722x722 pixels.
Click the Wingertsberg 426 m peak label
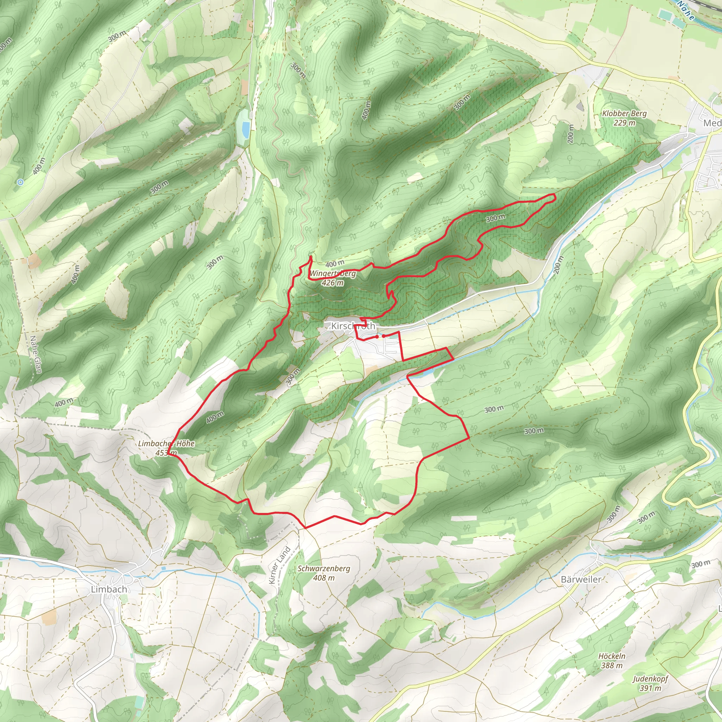tap(332, 278)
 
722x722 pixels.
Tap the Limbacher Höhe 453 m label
tap(166, 448)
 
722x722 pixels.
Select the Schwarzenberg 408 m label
tap(324, 573)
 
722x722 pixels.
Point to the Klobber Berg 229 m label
tap(624, 118)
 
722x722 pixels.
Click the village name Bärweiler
tap(581, 579)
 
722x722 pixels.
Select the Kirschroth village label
tap(353, 326)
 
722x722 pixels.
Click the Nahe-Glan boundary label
tap(36, 354)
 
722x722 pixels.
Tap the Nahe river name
tap(686, 10)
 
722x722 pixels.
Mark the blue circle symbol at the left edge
tap(20, 182)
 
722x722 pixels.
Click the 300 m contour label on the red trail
tap(496, 218)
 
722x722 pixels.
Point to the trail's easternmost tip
tap(555, 195)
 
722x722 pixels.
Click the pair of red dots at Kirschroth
tap(380, 336)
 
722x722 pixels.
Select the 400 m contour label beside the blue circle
tap(39, 166)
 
